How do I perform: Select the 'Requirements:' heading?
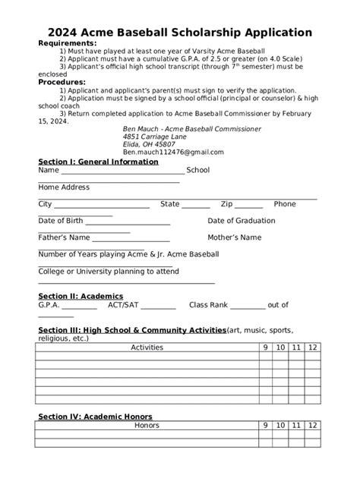68,43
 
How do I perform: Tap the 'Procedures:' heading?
62,82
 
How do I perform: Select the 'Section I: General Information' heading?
98,162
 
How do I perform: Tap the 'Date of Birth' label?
61,221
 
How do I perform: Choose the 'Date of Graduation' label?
242,221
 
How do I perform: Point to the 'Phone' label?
285,204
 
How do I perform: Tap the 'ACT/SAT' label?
122,305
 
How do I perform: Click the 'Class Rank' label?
208,305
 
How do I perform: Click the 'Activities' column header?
147,347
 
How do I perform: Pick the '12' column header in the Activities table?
313,347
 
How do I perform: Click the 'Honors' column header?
147,426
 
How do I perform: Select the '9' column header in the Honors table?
266,426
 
